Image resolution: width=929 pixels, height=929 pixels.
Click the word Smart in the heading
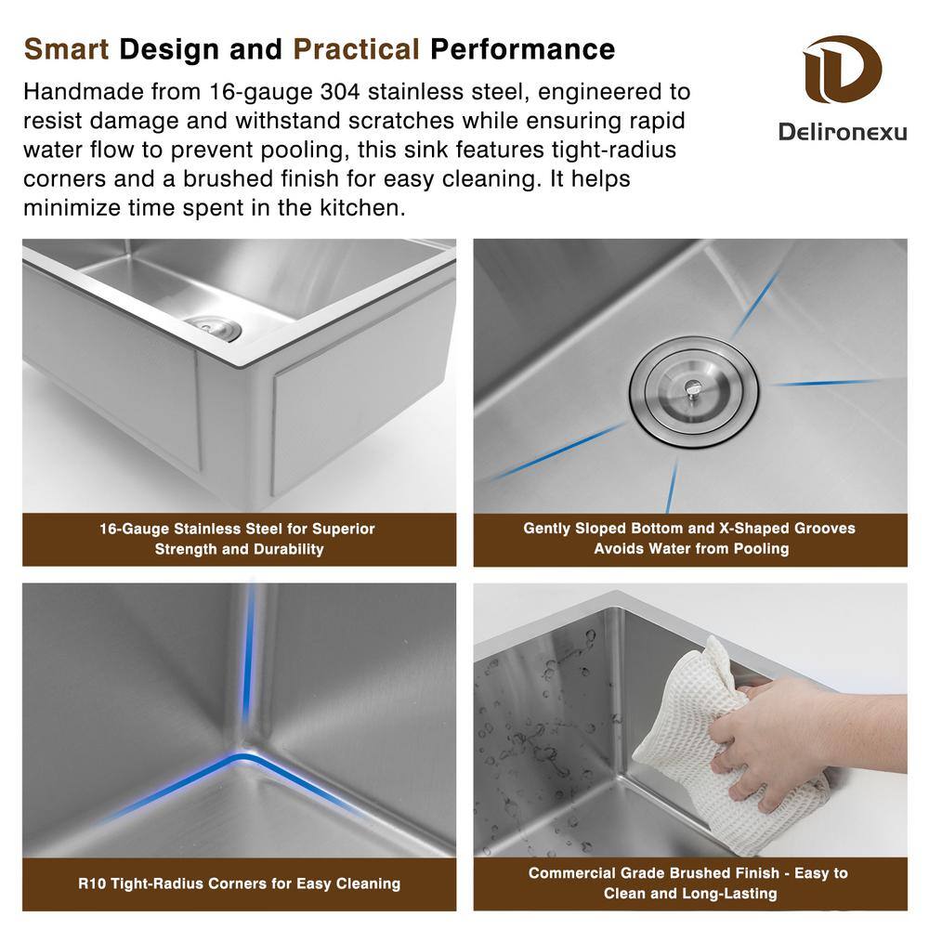[66, 49]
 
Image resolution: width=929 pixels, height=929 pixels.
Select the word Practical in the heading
[357, 49]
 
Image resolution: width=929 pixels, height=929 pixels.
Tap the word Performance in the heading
[522, 49]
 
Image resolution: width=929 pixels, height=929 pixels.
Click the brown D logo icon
[842, 69]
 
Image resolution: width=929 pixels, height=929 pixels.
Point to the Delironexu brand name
[843, 132]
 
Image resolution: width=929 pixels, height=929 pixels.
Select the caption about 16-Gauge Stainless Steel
[238, 539]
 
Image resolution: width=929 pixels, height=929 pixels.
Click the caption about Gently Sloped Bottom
[689, 538]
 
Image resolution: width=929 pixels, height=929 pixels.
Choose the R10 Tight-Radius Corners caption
[240, 883]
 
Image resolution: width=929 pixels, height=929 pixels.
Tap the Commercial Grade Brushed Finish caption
[689, 883]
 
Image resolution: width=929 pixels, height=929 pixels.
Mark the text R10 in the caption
[91, 883]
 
